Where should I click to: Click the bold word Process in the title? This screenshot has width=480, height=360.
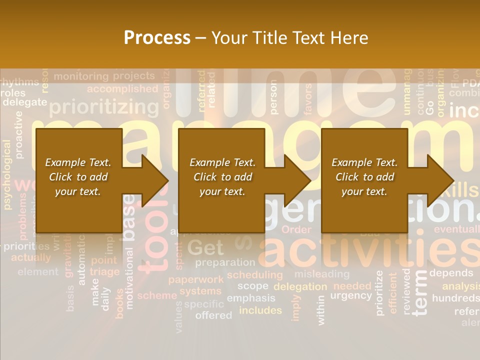pyautogui.click(x=157, y=38)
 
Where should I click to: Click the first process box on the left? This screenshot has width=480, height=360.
pyautogui.click(x=78, y=180)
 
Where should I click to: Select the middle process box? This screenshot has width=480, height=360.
pyautogui.click(x=221, y=180)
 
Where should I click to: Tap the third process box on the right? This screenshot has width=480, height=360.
pyautogui.click(x=364, y=180)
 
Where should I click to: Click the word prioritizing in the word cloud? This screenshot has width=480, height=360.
pyautogui.click(x=104, y=107)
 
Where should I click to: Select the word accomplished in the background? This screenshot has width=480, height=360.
pyautogui.click(x=122, y=89)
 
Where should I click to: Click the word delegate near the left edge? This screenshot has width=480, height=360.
pyautogui.click(x=24, y=102)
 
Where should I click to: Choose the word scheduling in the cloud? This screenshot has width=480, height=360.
pyautogui.click(x=254, y=274)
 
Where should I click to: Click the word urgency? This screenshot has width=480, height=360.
pyautogui.click(x=351, y=295)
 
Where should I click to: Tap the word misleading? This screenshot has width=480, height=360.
pyautogui.click(x=321, y=274)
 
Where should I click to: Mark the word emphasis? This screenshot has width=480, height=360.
pyautogui.click(x=251, y=298)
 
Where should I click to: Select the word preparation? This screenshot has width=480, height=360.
pyautogui.click(x=225, y=262)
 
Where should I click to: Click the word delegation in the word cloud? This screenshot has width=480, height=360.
pyautogui.click(x=300, y=286)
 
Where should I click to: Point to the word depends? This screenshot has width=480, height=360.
pyautogui.click(x=451, y=273)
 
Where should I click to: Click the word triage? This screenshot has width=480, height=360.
pyautogui.click(x=104, y=271)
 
